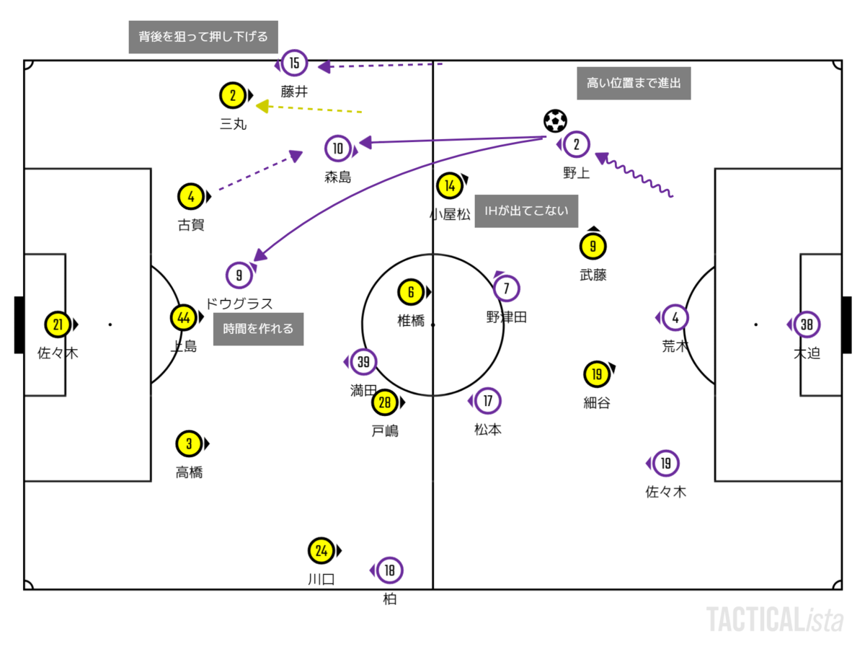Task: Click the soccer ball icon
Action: (x=555, y=120)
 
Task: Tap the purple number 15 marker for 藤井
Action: (x=294, y=63)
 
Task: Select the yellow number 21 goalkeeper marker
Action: (x=57, y=324)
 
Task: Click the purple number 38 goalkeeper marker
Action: (x=806, y=324)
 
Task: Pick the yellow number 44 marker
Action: (x=183, y=317)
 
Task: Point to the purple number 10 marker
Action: (x=338, y=149)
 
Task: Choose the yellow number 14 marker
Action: (x=450, y=185)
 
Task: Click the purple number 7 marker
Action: (x=506, y=288)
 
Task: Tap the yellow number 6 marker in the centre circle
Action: (x=411, y=292)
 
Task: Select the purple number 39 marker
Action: (x=363, y=362)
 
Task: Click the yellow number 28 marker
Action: (x=384, y=402)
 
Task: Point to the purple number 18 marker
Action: (x=389, y=570)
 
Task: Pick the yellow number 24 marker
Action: (x=321, y=552)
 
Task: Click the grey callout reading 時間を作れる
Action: (x=258, y=329)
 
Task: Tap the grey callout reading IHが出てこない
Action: (x=526, y=212)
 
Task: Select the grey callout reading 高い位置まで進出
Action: (x=634, y=83)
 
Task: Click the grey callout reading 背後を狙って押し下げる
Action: (x=203, y=37)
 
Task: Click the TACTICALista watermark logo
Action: (x=775, y=619)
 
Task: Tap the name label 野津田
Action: (x=507, y=317)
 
